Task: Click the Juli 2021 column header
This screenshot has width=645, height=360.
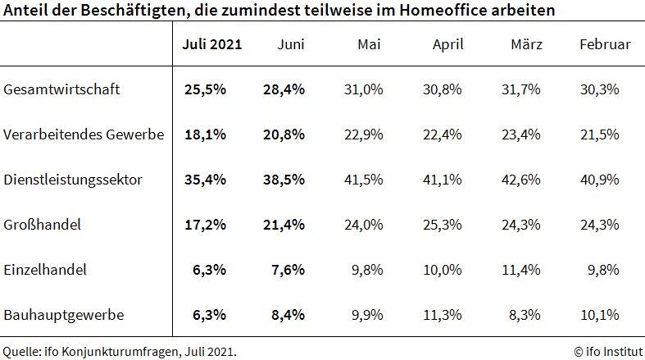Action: click(211, 44)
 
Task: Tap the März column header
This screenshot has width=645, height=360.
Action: click(525, 44)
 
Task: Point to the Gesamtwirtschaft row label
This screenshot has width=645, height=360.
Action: click(62, 89)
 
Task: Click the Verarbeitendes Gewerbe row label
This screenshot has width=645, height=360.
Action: click(84, 134)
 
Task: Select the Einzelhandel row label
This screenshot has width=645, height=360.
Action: click(46, 268)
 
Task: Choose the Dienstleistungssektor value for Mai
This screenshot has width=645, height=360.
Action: click(365, 179)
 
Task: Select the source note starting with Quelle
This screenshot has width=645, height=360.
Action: click(120, 350)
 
